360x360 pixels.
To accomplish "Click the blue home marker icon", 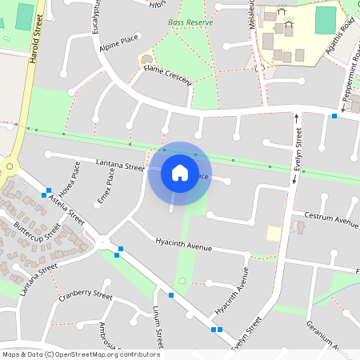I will click(180, 172).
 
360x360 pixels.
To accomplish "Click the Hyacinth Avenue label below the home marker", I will click(184, 242).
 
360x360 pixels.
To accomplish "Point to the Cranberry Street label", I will click(85, 296).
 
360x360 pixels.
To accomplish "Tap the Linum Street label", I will click(158, 327).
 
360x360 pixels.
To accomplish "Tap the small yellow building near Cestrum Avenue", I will click(274, 233).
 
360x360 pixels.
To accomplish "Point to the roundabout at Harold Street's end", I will click(9, 167).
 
